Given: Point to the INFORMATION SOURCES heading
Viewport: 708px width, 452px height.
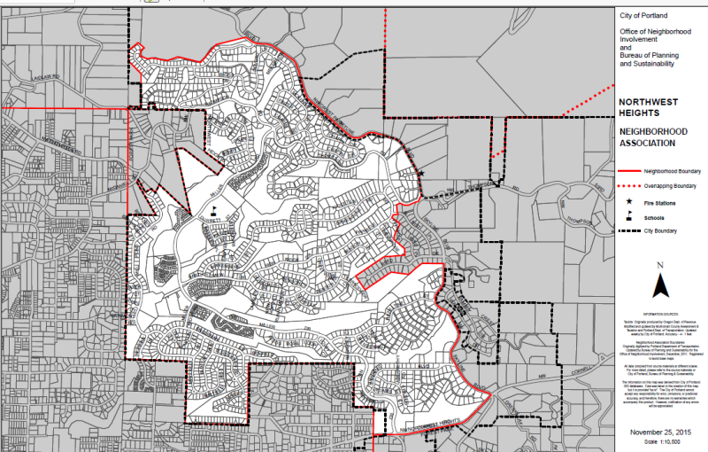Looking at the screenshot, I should pos(659,313).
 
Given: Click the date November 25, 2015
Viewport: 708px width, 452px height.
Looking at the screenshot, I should pos(659,432).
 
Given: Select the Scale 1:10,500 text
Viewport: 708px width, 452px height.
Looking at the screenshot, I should pos(659,442).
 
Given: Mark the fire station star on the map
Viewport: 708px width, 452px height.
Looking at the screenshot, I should pos(421,173).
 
